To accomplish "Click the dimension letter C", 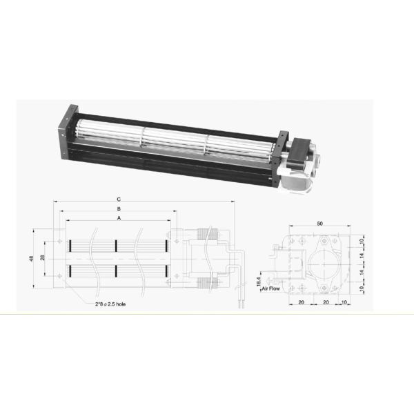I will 119,199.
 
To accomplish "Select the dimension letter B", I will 119,208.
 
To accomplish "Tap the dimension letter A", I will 119,217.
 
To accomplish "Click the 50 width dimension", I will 319,224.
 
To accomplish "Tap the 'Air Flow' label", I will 270,289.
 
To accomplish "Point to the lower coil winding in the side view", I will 207,282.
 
